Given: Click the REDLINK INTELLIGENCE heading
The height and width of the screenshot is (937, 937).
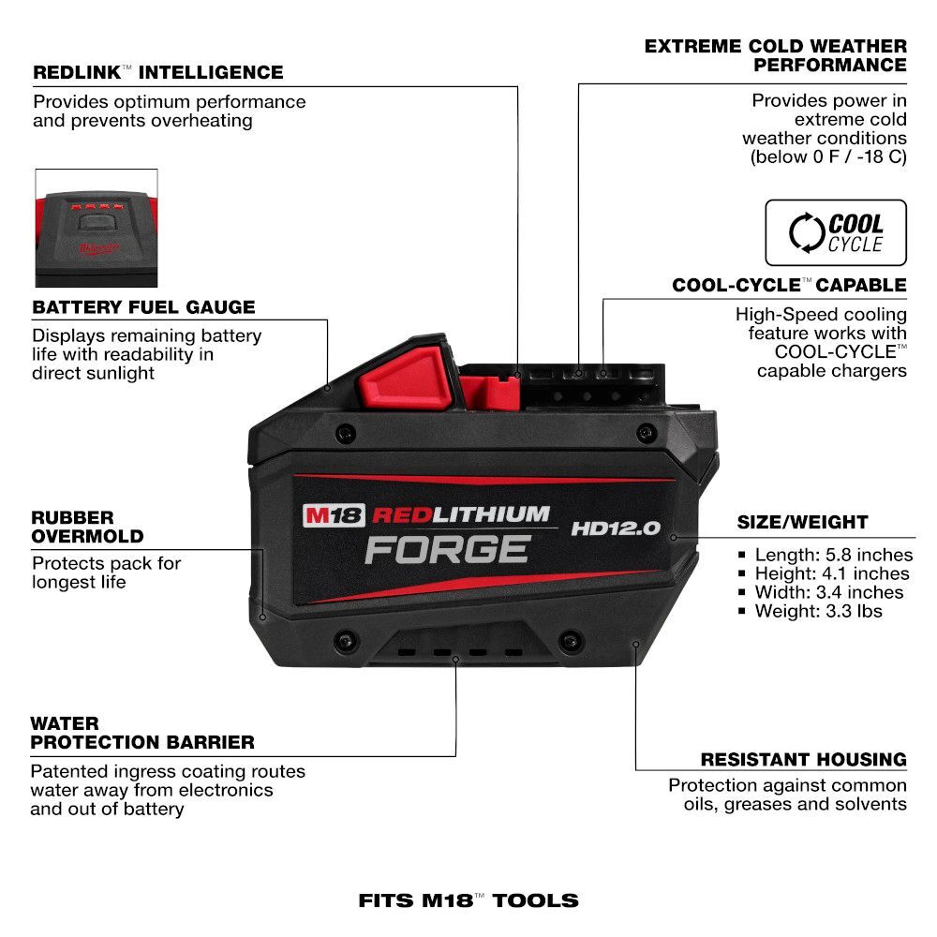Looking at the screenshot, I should [x=157, y=72].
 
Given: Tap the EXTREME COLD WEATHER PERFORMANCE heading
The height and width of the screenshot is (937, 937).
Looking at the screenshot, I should [x=776, y=55].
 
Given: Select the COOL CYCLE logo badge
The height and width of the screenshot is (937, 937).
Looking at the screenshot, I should [x=836, y=232].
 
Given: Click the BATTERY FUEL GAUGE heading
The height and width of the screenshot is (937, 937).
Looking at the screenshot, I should [x=143, y=307].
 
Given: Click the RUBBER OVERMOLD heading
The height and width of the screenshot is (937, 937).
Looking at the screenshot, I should [x=87, y=527].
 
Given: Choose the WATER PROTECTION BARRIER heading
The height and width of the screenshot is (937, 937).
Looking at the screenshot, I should [x=142, y=733].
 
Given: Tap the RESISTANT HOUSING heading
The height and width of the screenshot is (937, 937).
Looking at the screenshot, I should [x=803, y=759].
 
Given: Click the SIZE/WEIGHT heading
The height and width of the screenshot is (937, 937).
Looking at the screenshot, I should [x=802, y=522].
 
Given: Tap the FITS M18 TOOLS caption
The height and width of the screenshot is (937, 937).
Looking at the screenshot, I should [x=468, y=900].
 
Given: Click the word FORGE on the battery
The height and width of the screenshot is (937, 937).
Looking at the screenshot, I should [x=447, y=549].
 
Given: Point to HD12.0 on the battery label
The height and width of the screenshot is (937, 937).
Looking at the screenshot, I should [x=616, y=528].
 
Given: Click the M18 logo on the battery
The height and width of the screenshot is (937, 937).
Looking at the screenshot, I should [x=333, y=514].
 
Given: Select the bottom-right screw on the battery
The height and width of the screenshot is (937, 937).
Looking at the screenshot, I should [x=568, y=642].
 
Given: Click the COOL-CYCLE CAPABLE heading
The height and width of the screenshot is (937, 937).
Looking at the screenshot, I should [x=789, y=285].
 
